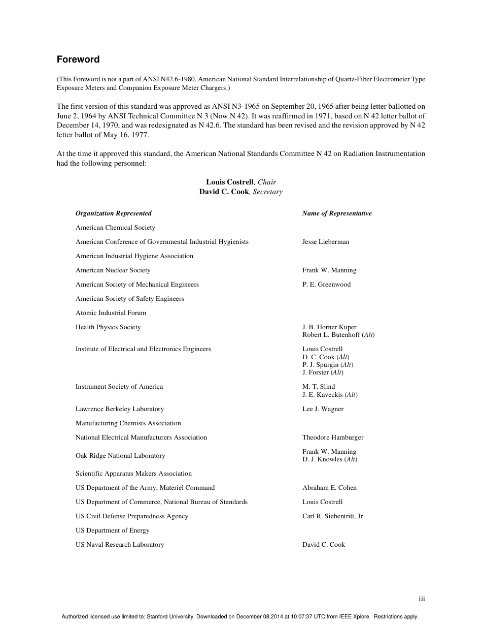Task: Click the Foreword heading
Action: point(78,59)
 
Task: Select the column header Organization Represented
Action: point(114,213)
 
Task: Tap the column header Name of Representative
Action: point(337,213)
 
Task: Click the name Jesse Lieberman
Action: point(326,242)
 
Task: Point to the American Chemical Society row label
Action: point(116,228)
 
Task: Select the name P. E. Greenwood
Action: point(326,285)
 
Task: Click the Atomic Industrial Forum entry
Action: point(111,313)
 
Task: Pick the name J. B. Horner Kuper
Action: point(329,327)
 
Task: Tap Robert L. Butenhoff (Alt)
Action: point(338,335)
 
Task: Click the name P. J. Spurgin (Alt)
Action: point(328,365)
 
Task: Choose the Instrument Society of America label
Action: point(119,387)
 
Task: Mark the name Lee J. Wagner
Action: point(323,409)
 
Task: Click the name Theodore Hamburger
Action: point(333,438)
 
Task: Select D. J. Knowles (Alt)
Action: point(330,459)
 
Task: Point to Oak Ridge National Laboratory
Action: point(120,456)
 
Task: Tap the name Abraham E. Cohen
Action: point(329,488)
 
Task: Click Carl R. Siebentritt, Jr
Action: point(332,516)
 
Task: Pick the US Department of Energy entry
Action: point(113,531)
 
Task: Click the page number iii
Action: point(422,599)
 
